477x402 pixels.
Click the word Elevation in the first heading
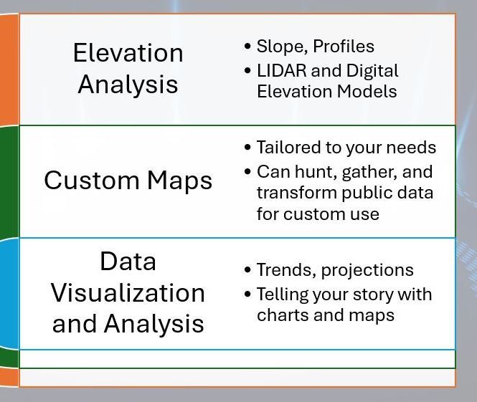coord(128,53)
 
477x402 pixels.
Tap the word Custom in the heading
coord(92,180)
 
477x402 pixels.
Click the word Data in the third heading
coord(128,261)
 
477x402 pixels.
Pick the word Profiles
coord(344,46)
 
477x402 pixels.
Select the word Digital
coord(372,72)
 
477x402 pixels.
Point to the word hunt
coord(316,172)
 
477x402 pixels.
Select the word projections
coord(367,270)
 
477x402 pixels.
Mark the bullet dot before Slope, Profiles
coord(247,47)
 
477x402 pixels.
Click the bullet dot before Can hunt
coord(247,172)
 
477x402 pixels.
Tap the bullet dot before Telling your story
coord(247,294)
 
